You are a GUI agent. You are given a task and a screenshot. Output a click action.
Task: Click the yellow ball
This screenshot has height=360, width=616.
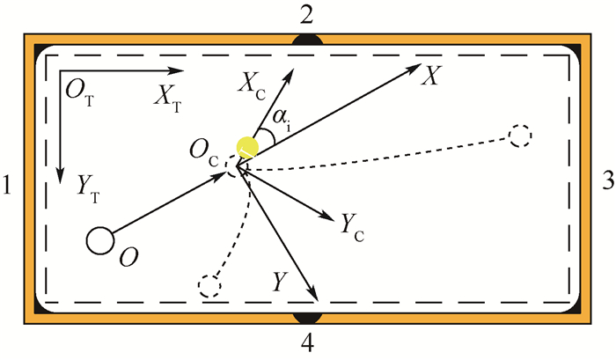248,147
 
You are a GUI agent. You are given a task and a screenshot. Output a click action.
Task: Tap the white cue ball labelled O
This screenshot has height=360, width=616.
101,239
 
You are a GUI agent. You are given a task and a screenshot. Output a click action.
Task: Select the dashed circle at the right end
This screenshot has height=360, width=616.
520,136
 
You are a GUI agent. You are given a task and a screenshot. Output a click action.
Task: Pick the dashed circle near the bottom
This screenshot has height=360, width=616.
209,286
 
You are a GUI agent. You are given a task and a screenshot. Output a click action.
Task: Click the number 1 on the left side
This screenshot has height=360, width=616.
10,187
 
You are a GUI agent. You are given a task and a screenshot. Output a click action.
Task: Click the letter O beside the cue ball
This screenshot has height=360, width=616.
128,256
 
